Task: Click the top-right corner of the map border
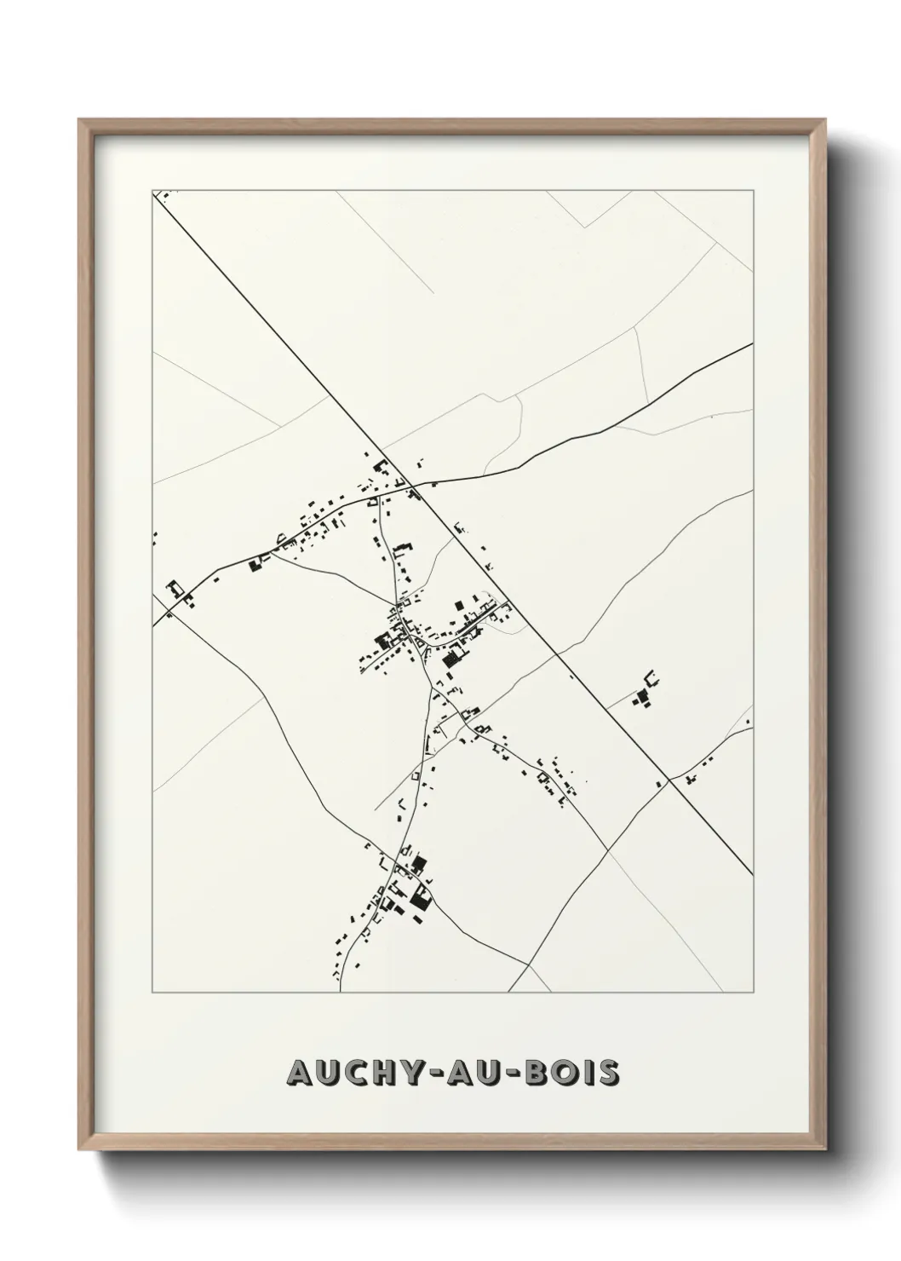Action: (x=753, y=191)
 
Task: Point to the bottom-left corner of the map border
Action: (x=153, y=993)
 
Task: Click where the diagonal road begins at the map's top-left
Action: (x=155, y=193)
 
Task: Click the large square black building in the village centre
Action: (x=450, y=656)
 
